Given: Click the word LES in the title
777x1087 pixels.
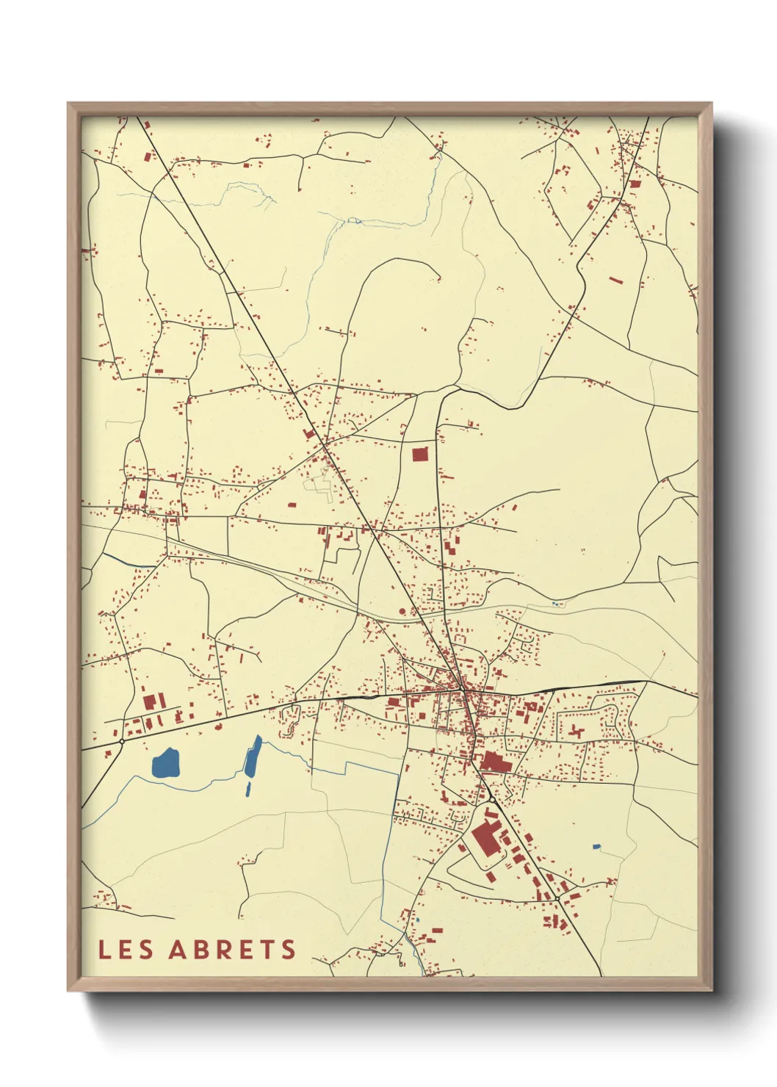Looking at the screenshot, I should tap(126, 949).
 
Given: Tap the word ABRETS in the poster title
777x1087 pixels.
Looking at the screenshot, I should tap(232, 949).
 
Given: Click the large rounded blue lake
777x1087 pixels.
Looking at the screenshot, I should tap(165, 763).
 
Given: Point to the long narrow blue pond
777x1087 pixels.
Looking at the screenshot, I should tap(252, 756).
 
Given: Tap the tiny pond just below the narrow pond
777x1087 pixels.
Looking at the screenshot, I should tap(247, 790).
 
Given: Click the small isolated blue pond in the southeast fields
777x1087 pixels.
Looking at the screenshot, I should tap(596, 847).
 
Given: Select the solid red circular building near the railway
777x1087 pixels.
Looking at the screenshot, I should tap(402, 610).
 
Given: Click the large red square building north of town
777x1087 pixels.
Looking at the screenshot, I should tap(419, 454).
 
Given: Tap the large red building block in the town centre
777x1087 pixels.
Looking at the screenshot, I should tap(496, 762).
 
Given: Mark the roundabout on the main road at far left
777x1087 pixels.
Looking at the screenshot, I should tap(122, 741).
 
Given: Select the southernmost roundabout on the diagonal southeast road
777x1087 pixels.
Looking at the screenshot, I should tap(558, 898).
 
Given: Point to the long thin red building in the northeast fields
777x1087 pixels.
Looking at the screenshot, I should tap(615, 280).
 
